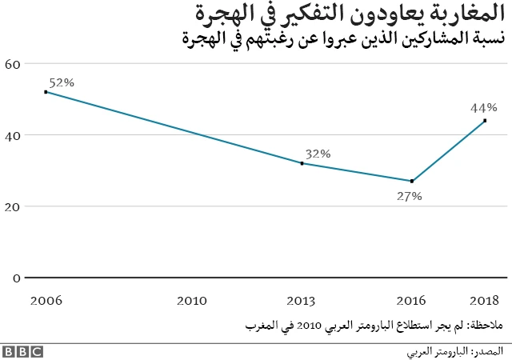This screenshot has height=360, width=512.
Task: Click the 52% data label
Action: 62,82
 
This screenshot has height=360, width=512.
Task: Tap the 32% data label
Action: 318,154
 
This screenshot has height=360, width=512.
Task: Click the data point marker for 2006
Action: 46,92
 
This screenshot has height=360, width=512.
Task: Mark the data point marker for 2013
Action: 302,163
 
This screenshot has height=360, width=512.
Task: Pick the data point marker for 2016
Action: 412,181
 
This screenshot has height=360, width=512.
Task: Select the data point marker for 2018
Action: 485,121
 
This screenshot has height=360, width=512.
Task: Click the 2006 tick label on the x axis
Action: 46,300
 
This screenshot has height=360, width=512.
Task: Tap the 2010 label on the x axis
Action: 192,300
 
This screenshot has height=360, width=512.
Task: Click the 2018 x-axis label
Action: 485,300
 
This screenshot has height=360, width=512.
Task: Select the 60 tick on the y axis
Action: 12,64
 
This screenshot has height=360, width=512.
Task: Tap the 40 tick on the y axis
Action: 12,135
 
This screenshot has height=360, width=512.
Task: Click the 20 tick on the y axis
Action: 12,206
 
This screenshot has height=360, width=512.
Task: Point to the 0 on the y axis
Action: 15,278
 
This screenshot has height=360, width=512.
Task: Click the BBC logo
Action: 22,351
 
